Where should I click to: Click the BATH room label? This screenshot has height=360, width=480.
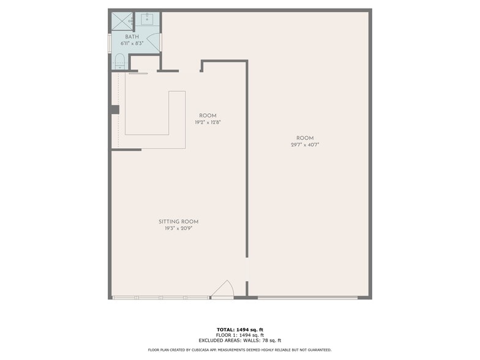coord(132,37)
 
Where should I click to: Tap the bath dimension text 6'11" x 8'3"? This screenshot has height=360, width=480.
coord(132,43)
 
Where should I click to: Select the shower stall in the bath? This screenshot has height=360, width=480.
coord(122,21)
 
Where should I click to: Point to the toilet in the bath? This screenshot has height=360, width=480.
coord(120,61)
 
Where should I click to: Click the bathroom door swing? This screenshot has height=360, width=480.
coord(153,43)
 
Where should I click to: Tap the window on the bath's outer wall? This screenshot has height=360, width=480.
coord(110,43)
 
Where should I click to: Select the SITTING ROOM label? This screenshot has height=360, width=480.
coord(178,222)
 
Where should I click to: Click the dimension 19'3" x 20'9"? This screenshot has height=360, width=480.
coord(178,228)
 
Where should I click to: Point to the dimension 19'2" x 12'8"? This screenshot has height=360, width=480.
coord(208,122)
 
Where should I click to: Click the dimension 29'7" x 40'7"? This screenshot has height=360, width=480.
coord(305,144)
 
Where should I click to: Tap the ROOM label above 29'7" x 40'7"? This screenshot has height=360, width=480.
coord(305,138)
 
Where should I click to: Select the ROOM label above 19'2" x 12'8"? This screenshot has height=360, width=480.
coord(208,116)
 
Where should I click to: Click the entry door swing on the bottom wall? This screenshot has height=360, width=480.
coord(223,290)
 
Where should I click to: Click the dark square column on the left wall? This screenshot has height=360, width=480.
coord(115,110)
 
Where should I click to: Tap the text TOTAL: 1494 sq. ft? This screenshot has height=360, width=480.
coord(239,329)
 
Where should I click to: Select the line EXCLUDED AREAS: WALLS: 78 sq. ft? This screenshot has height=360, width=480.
coord(239,340)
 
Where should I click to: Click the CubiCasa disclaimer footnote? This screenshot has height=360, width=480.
coord(239,350)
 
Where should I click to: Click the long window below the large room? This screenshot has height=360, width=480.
coord(307,298)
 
